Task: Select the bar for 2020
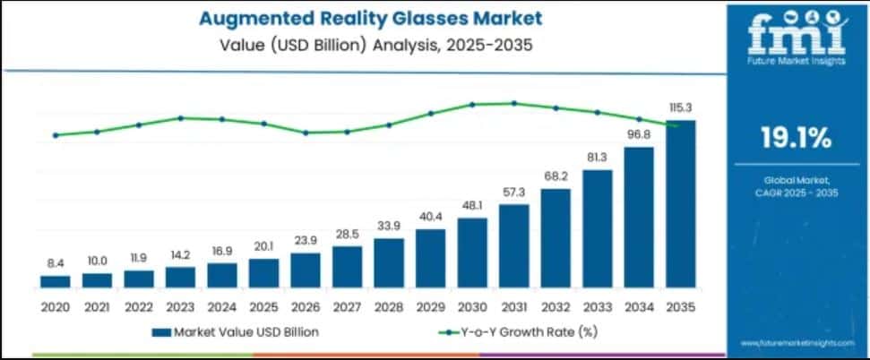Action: coord(56,281)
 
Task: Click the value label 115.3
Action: coord(680,107)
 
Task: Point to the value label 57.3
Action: coord(513,193)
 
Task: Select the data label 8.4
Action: coord(56,262)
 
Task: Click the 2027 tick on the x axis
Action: coord(347,306)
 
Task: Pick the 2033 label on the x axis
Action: coord(597,306)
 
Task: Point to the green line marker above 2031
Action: coord(513,103)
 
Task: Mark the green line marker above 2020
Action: coord(56,135)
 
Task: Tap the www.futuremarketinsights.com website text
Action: coord(795,343)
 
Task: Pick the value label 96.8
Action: coord(638,134)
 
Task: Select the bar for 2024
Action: coord(222,275)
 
